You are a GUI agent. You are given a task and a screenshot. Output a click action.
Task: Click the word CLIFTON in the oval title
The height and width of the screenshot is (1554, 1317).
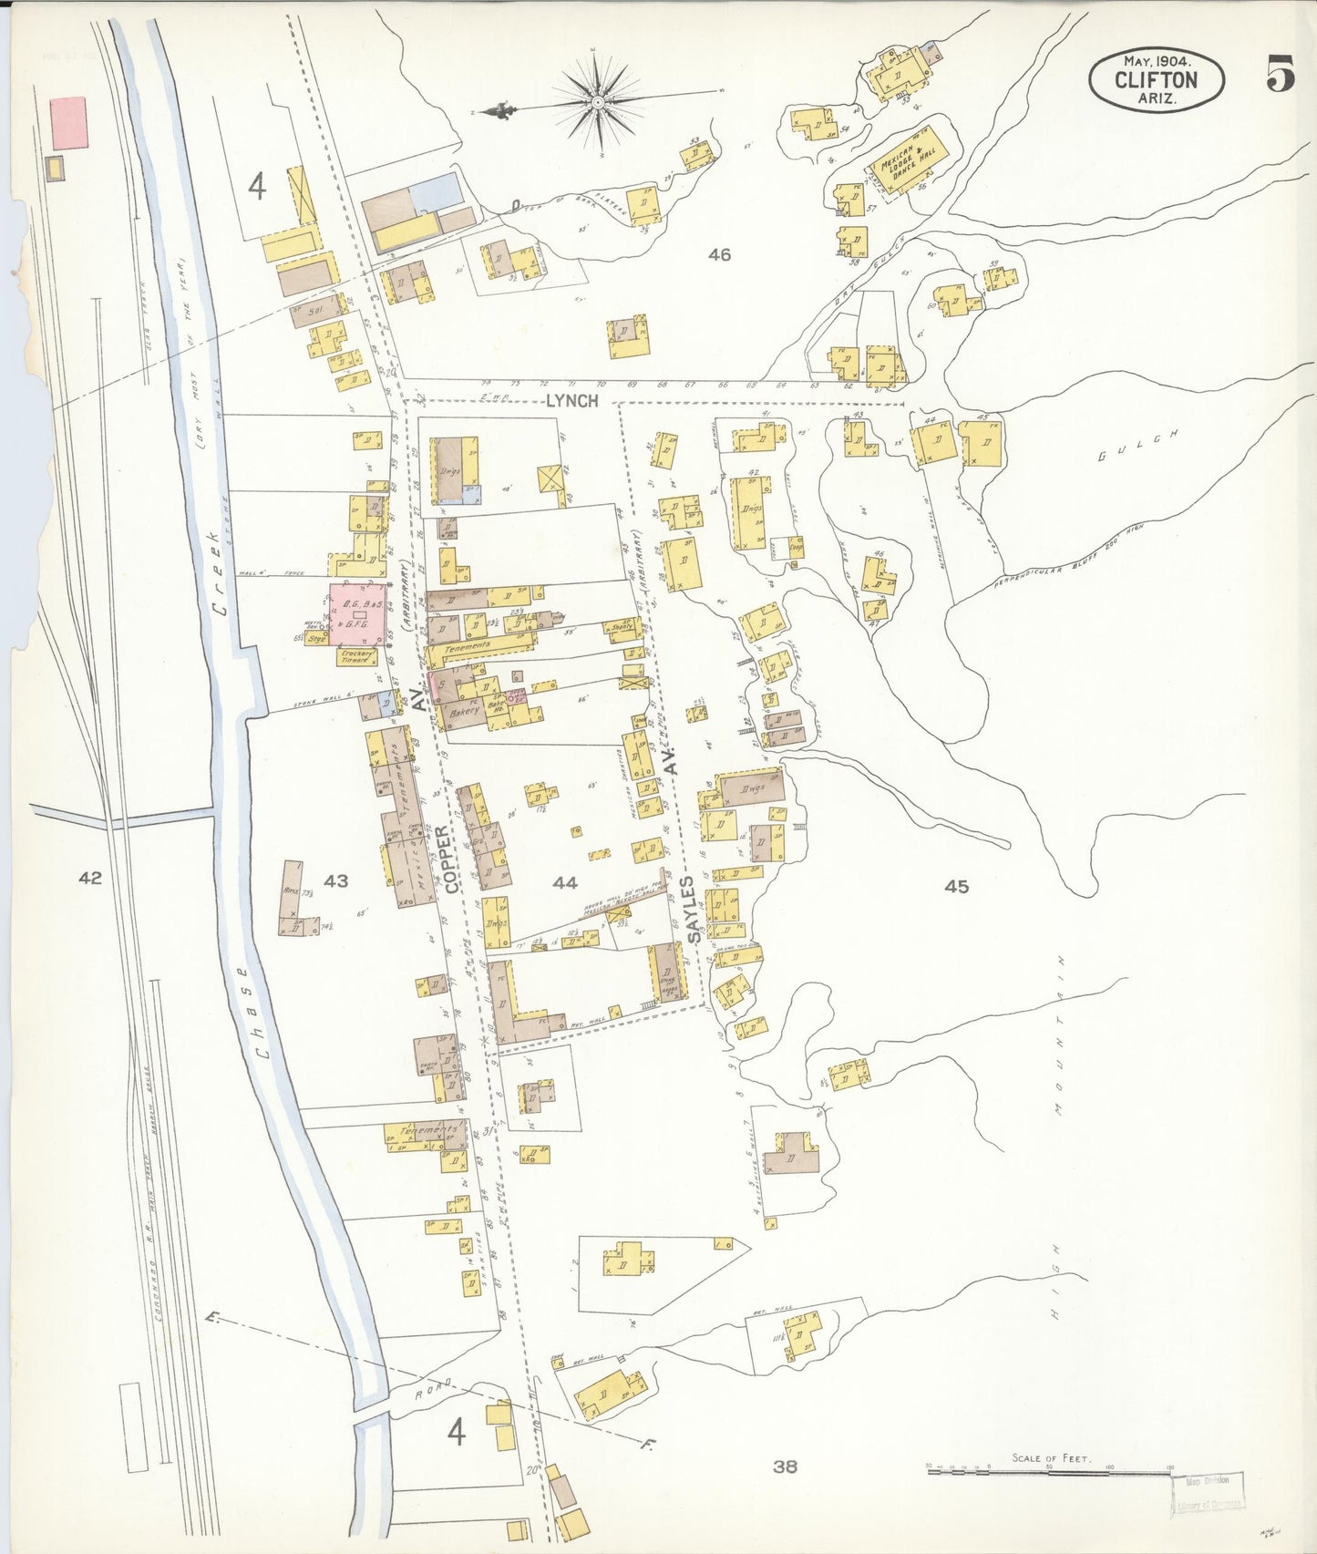pos(1156,80)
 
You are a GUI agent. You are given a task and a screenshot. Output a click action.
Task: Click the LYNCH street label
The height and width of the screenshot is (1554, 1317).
pos(571,400)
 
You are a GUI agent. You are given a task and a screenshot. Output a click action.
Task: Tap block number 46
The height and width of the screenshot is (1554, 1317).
pos(719,255)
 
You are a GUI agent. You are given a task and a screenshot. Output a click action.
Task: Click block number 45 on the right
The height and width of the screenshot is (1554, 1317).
pos(956,886)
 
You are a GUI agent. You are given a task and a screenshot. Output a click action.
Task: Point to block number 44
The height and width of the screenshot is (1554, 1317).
pos(564,881)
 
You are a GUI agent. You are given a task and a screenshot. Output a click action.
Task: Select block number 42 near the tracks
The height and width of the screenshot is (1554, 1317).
pos(89,878)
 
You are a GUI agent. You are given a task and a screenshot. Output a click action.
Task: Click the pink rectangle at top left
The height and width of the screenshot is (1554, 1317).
pos(68,123)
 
